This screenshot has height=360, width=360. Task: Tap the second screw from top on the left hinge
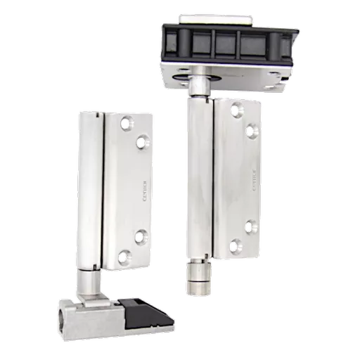(x=142, y=143)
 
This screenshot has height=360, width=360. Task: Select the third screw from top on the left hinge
(x=140, y=236)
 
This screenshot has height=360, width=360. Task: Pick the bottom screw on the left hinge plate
(x=124, y=256)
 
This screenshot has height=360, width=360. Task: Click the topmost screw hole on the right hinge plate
(x=236, y=108)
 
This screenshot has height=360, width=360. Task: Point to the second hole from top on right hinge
(x=251, y=129)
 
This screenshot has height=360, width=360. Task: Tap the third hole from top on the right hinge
(x=250, y=226)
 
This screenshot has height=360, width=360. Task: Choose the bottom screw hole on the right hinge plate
(x=236, y=246)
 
